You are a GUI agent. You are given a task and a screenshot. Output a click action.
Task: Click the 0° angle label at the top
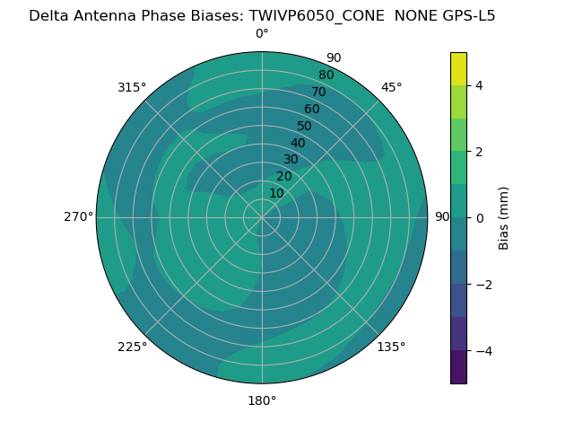262,34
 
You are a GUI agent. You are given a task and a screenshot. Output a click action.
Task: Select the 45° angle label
391,87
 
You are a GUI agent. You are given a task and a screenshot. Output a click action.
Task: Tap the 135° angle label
391,347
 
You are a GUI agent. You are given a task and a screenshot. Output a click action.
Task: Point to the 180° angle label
262,400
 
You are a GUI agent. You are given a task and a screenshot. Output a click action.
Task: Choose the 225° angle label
132,347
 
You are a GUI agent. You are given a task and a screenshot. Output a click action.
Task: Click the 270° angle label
78,217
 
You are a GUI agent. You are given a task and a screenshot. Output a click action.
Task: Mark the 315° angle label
132,87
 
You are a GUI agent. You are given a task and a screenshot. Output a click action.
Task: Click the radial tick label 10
276,193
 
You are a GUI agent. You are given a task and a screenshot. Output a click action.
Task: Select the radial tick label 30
291,160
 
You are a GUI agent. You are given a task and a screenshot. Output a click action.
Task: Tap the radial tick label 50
304,127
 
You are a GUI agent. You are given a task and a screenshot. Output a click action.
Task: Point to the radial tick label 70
318,92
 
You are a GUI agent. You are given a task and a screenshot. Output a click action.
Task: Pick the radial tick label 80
326,75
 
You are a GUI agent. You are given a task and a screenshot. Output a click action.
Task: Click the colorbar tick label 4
480,85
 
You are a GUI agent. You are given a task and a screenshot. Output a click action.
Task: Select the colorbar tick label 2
480,152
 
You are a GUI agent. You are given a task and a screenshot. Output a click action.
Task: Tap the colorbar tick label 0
480,218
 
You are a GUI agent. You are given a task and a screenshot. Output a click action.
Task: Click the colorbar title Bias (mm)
504,218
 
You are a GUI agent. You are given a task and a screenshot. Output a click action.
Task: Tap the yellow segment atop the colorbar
458,68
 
